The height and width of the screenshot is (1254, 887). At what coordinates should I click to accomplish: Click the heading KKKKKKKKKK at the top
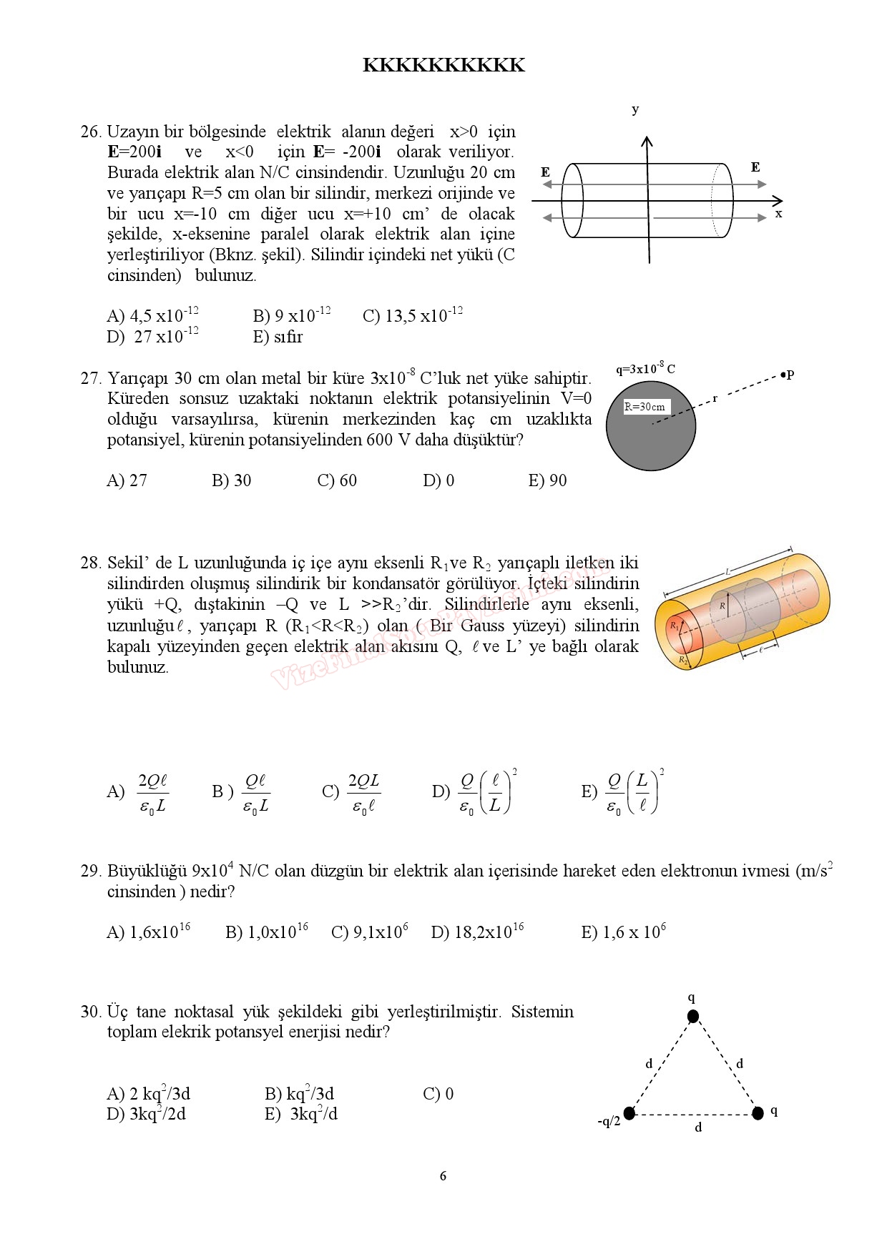pyautogui.click(x=443, y=66)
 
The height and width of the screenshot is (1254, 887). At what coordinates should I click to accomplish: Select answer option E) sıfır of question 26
pyautogui.click(x=278, y=337)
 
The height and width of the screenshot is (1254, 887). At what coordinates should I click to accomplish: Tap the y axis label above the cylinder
pyautogui.click(x=635, y=110)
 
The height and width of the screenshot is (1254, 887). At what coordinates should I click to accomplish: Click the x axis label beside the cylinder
pyautogui.click(x=779, y=214)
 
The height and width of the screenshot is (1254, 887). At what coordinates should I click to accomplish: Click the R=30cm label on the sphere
pyautogui.click(x=645, y=407)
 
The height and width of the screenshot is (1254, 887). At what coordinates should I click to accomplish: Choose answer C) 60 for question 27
pyautogui.click(x=337, y=480)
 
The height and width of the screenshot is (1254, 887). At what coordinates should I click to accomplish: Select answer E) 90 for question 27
pyautogui.click(x=547, y=480)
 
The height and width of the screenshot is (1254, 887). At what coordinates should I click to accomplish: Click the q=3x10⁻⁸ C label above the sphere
pyautogui.click(x=645, y=369)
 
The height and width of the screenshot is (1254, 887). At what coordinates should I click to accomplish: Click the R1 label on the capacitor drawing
pyautogui.click(x=674, y=626)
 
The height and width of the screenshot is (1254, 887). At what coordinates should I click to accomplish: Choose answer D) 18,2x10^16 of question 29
pyautogui.click(x=477, y=932)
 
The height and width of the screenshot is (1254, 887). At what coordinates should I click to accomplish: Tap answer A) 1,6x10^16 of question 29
pyautogui.click(x=148, y=932)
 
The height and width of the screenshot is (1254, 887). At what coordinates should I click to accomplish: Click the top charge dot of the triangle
pyautogui.click(x=692, y=1017)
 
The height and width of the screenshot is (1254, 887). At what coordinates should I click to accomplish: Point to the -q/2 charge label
pyautogui.click(x=609, y=1121)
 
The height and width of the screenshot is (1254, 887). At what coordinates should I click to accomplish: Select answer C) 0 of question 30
pyautogui.click(x=438, y=1094)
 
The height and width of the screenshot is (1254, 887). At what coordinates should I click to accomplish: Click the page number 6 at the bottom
pyautogui.click(x=443, y=1176)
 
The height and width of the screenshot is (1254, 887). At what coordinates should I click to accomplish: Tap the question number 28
pyautogui.click(x=91, y=563)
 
